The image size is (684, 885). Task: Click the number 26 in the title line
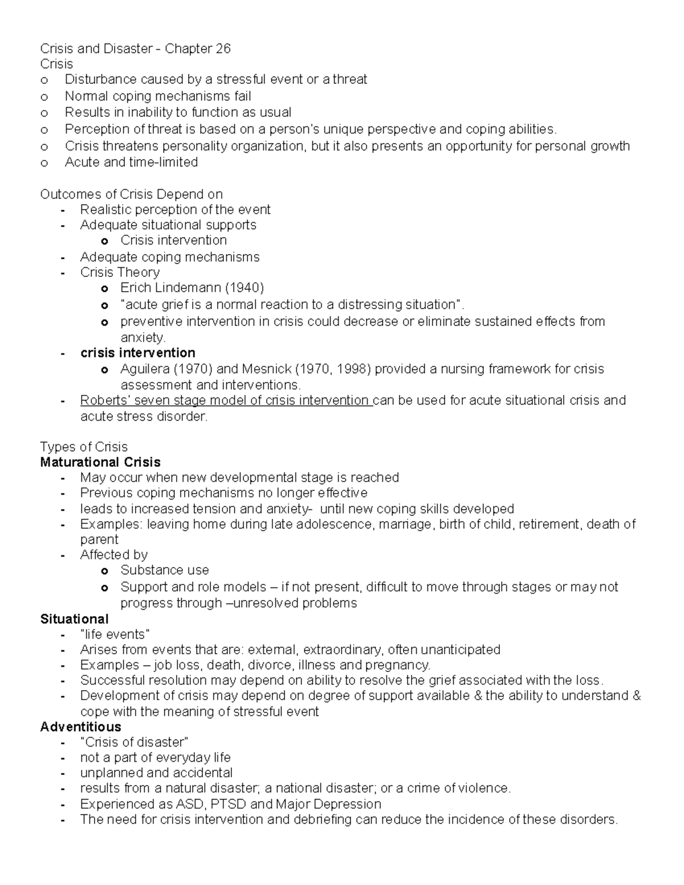222,49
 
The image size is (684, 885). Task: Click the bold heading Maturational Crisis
100,462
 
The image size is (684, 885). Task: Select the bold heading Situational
74,619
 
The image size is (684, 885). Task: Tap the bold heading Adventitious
80,727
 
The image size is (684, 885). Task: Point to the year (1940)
245,288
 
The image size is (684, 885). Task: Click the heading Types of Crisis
84,447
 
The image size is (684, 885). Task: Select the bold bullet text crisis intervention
138,353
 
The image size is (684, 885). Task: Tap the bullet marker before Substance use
104,571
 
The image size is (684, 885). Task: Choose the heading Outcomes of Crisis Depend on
131,194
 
